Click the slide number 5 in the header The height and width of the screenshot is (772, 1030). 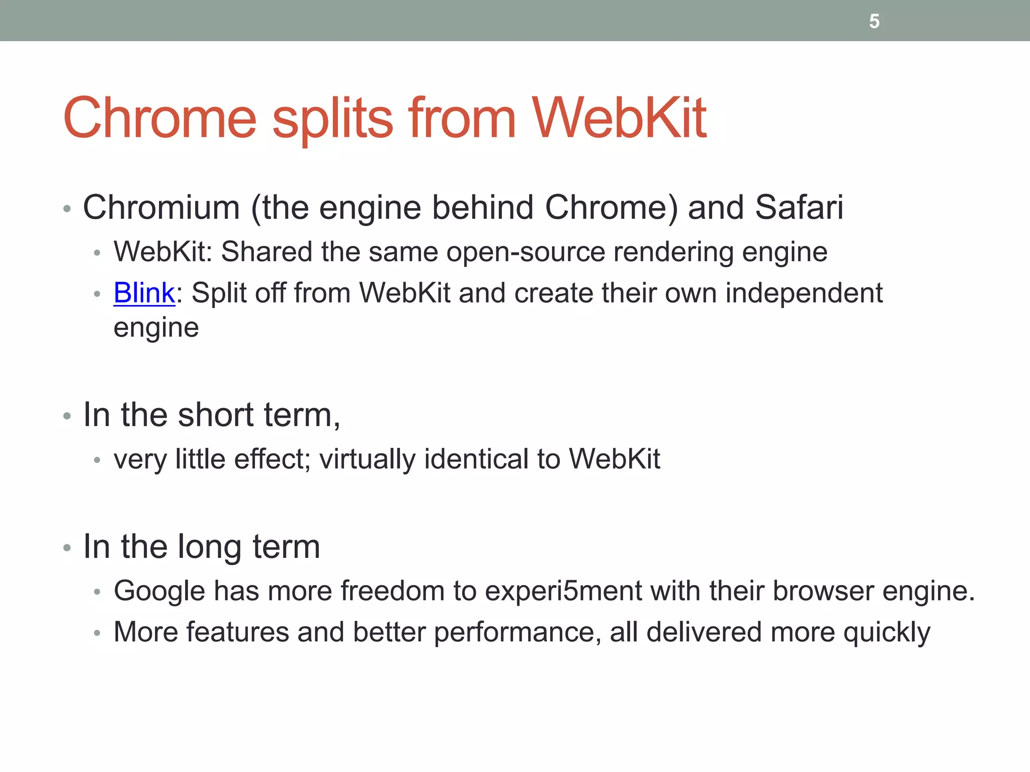tap(874, 22)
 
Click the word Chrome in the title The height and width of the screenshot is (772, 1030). tap(160, 119)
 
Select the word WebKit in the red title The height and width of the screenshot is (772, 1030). tap(619, 119)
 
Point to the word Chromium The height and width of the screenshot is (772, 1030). tap(161, 207)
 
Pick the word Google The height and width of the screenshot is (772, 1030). tap(159, 591)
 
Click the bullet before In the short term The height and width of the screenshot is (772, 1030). tap(67, 416)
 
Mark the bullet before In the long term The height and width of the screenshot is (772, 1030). tap(67, 548)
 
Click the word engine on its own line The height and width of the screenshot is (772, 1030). tap(156, 328)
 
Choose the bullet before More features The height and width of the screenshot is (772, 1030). tap(97, 633)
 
